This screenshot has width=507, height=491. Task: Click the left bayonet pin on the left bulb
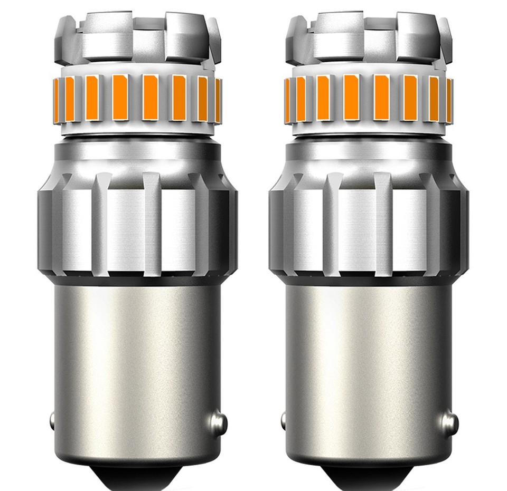click(53, 420)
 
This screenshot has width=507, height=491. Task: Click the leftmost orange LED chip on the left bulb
click(60, 98)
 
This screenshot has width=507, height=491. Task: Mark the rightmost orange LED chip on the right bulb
click(449, 98)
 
